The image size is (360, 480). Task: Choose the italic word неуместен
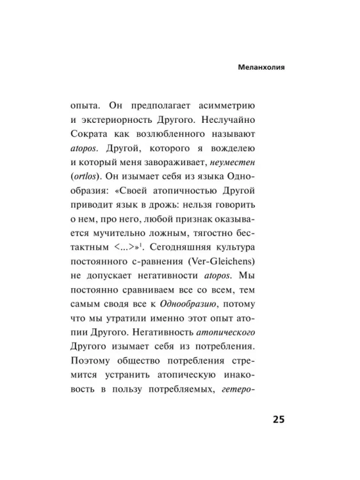236,166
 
